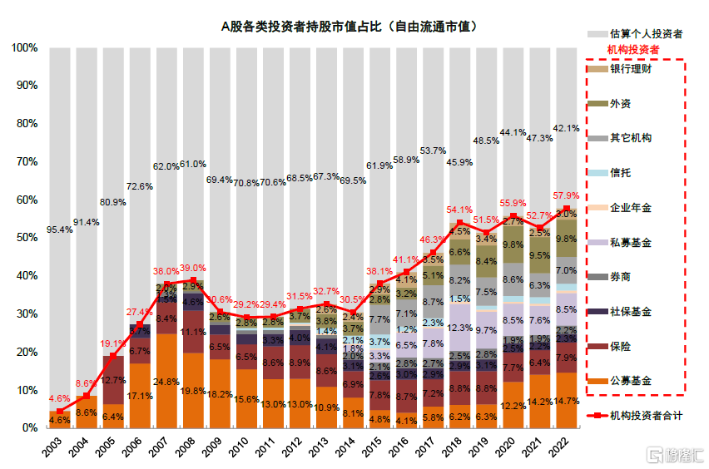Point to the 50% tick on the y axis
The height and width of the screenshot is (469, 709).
tap(24, 238)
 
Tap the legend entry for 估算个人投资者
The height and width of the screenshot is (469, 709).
tap(644, 34)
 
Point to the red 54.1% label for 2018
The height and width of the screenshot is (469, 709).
tap(460, 210)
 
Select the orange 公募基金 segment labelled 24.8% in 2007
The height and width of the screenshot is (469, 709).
tap(166, 382)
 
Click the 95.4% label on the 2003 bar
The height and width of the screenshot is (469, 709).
tap(59, 229)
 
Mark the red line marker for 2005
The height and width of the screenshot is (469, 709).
tap(112, 356)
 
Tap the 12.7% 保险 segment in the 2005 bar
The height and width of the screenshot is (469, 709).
tap(112, 380)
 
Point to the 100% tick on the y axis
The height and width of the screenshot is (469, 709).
tap(22, 48)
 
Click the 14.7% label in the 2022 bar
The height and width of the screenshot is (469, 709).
tap(567, 400)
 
